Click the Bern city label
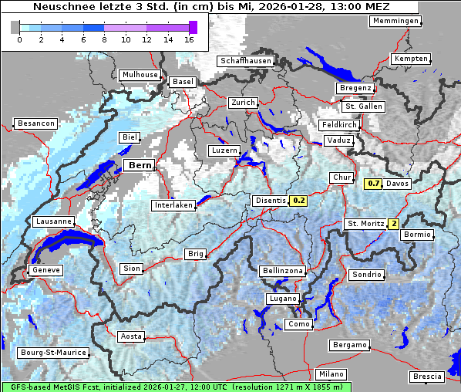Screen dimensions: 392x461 pos(140,165)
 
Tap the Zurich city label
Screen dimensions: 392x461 pos(243,103)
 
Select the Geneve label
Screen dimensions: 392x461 pos(45,270)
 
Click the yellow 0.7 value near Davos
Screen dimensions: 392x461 pos(373,184)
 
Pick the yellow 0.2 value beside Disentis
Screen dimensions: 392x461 pos(299,201)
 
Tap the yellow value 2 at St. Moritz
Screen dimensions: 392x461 pos(393,224)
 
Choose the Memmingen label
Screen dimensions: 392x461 pos(395,21)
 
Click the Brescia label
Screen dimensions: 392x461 pos(427,376)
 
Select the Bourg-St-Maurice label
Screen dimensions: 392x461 pos(52,353)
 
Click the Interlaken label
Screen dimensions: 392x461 pos(173,205)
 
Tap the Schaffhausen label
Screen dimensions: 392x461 pos(246,61)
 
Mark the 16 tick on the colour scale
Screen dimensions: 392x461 pos(188,39)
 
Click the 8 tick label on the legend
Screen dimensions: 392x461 pos(103,39)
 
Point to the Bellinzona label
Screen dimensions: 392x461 pos(283,271)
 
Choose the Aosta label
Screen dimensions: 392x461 pos(131,336)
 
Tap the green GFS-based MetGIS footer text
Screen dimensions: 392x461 pos(176,387)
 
